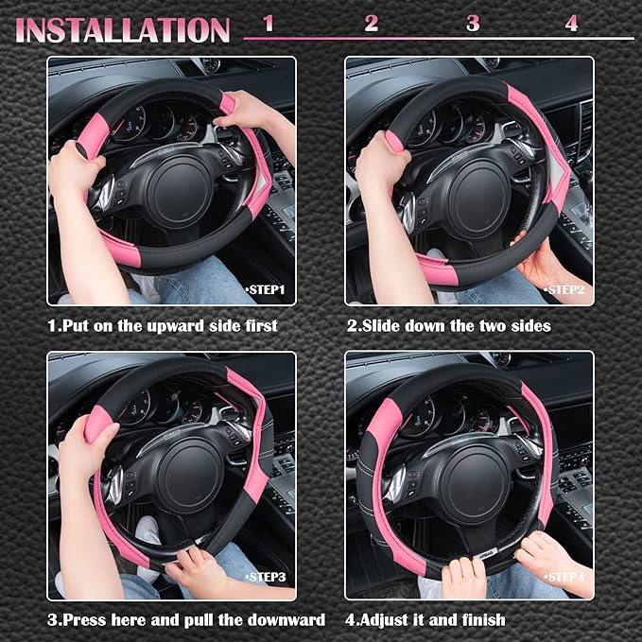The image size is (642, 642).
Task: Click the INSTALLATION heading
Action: pyautogui.click(x=123, y=28)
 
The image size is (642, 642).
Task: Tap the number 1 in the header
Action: pyautogui.click(x=269, y=24)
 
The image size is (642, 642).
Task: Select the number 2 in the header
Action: pyautogui.click(x=371, y=24)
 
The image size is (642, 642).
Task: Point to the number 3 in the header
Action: pyautogui.click(x=472, y=24)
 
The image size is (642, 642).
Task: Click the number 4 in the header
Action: pyautogui.click(x=571, y=24)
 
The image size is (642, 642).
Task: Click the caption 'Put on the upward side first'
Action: pyautogui.click(x=163, y=326)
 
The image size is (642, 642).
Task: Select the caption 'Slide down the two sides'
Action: pyautogui.click(x=448, y=326)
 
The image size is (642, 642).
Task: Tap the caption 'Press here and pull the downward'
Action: pyautogui.click(x=186, y=620)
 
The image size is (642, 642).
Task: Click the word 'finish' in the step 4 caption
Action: pyautogui.click(x=480, y=620)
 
